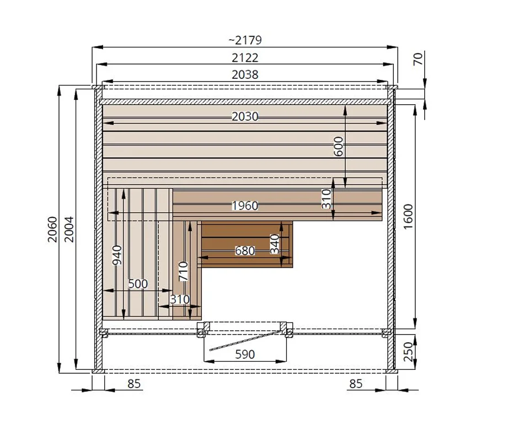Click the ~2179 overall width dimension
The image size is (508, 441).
coord(245,40)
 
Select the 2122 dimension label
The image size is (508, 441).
coord(245,58)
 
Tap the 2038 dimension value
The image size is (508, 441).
coord(245,74)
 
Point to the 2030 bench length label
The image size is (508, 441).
coord(245,116)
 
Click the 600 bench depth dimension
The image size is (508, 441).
coord(338,146)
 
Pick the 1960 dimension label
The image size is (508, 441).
coord(245,206)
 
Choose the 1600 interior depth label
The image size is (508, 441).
coord(408,217)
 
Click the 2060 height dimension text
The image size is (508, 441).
coord(52,229)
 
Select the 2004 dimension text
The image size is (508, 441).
coord(69,229)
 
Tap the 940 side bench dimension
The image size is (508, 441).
coord(117,255)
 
